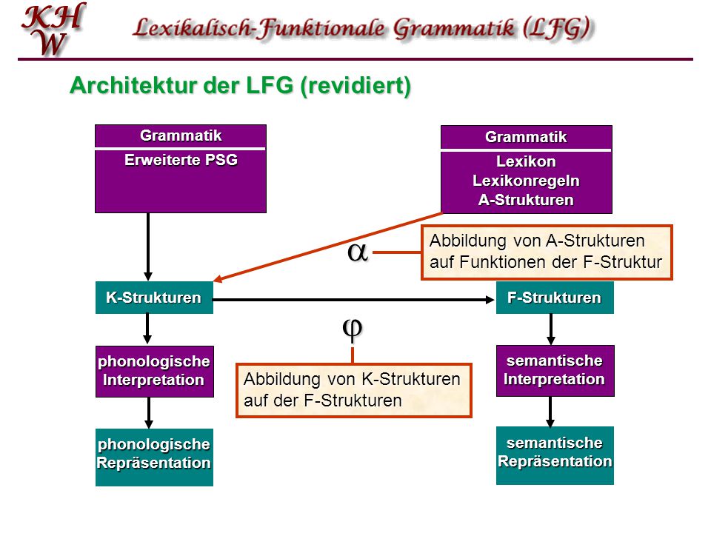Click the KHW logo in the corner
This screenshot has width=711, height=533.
53,29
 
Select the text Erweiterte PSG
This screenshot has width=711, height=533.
181,160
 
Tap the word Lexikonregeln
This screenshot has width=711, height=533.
526,181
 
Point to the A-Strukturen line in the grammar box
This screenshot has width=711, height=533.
526,200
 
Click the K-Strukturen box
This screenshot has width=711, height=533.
154,298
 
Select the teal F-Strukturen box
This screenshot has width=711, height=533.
555,298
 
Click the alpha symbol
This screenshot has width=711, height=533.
357,252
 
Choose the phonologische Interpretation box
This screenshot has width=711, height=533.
154,371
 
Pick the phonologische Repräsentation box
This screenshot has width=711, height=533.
154,457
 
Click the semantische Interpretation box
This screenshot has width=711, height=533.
555,371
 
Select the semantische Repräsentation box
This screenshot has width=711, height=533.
555,455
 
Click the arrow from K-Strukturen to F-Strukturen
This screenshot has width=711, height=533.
354,300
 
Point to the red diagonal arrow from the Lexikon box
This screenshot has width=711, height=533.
327,247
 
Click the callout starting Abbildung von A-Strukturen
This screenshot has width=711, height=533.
547,252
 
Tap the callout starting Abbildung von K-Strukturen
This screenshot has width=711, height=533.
354,390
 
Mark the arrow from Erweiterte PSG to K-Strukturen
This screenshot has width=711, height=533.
148,247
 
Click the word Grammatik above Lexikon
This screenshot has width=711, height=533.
526,137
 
